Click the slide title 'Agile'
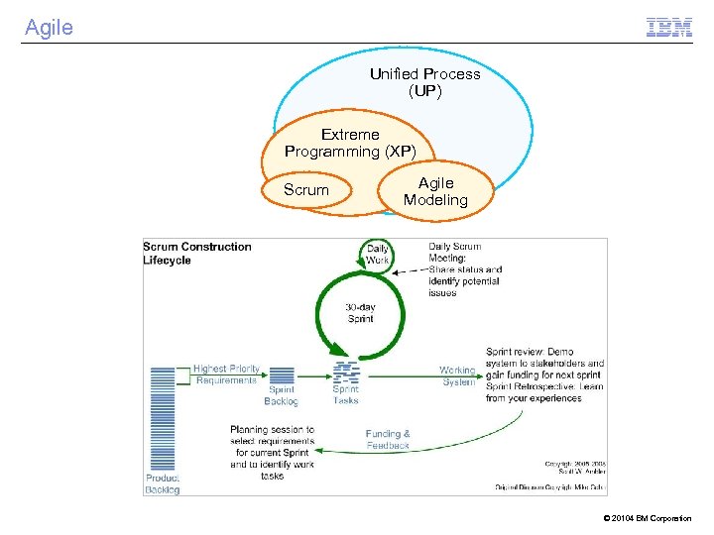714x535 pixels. pos(49,28)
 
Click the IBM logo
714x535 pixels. pos(668,28)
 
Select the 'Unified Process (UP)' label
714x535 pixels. pos(424,82)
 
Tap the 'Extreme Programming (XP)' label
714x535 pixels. pos(350,143)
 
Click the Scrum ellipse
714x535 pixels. pos(305,190)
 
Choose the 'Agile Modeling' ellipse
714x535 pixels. pos(435,191)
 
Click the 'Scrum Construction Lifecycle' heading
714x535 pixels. pos(197,253)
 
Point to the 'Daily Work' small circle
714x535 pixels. pos(377,255)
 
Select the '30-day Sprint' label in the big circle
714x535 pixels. pos(360,313)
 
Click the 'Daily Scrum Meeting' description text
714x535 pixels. pos(465,269)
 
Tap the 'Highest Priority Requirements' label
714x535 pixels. pos(225,374)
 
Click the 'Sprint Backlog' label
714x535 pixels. pos(281,395)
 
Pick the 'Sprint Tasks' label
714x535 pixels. pos(346,395)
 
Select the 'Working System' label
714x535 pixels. pos(457,375)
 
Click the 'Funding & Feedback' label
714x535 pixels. pos(387,439)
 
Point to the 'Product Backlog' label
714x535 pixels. pos(163,482)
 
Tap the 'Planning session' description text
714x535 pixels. pos(272,453)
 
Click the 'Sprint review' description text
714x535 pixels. pos(544,374)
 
